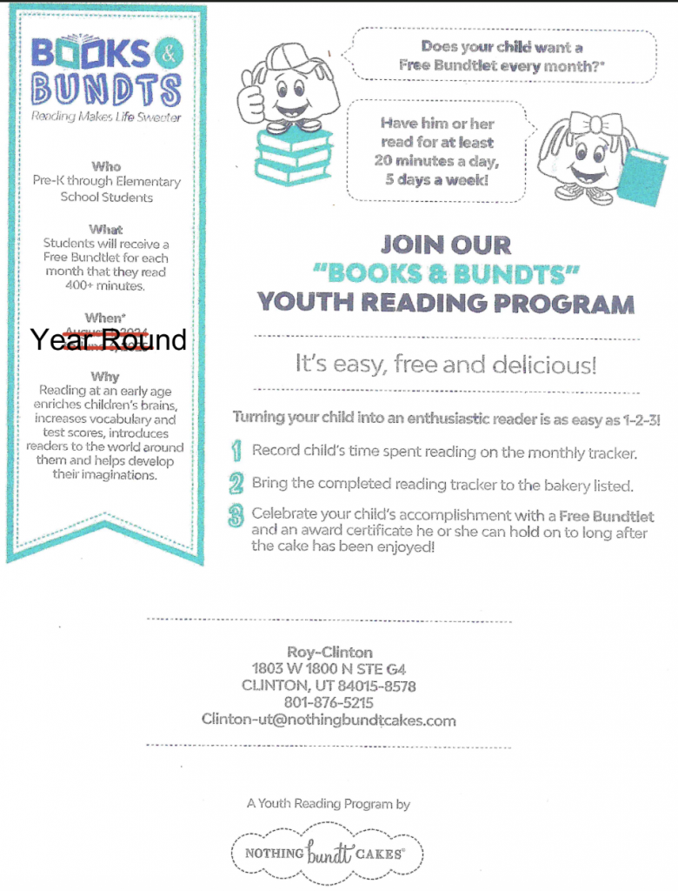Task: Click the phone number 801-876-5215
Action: [329, 702]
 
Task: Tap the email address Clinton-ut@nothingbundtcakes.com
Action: [329, 720]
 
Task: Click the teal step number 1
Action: [236, 452]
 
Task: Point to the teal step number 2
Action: [236, 483]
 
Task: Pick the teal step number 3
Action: [236, 516]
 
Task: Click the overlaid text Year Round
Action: [109, 339]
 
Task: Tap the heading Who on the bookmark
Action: [106, 166]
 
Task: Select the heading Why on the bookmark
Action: [105, 377]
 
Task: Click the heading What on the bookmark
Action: [106, 230]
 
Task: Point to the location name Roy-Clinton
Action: [329, 652]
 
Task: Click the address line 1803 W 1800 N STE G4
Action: [329, 669]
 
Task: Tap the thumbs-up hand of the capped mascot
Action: [252, 101]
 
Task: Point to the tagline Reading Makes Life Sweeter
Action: [106, 117]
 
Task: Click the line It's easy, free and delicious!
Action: [446, 365]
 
